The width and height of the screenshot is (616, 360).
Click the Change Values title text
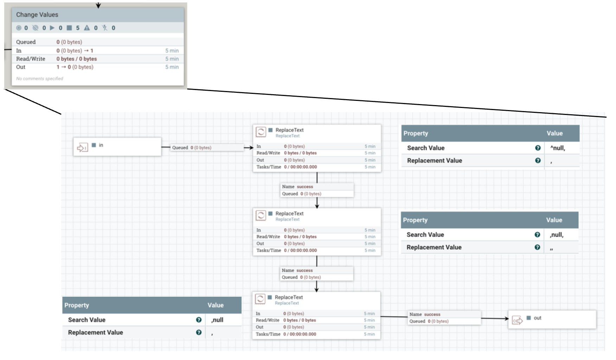tap(37, 15)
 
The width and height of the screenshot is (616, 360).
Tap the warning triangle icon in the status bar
tap(87, 28)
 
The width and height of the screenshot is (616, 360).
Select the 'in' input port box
tap(117, 147)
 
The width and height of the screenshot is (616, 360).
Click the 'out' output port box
tap(552, 319)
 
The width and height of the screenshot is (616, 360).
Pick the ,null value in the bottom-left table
tap(217, 320)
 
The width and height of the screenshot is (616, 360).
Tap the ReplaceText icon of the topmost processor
tap(261, 132)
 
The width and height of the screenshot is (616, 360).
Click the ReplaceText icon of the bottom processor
tap(260, 299)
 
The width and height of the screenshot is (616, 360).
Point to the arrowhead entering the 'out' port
tap(506, 319)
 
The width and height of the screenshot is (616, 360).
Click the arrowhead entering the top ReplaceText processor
tap(251, 148)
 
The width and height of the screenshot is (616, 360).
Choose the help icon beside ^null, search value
tap(538, 148)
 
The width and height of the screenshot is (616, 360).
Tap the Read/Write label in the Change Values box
tap(31, 59)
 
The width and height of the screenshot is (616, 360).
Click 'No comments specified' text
tap(40, 78)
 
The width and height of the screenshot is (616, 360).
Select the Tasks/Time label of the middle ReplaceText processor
tap(268, 250)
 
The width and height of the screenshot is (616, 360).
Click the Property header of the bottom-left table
tap(77, 305)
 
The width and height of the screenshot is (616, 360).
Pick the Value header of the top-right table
tap(554, 133)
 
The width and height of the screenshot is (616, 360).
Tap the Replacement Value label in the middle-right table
tap(434, 247)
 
